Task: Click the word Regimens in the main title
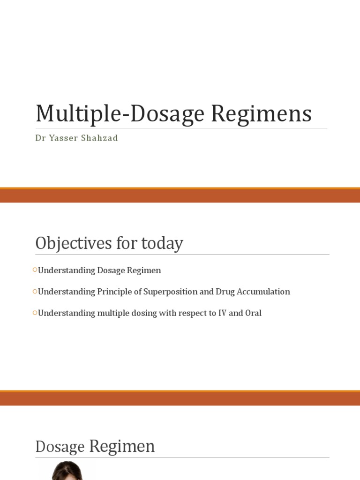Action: [x=262, y=114]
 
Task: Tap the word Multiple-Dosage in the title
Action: [x=120, y=114]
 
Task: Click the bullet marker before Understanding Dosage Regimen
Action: [x=35, y=270]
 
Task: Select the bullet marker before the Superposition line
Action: [x=35, y=291]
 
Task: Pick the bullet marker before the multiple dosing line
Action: [x=35, y=312]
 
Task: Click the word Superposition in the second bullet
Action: [x=171, y=292]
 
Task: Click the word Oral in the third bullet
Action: [x=253, y=313]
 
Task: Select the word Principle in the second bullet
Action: [x=113, y=292]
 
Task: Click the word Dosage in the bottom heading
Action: [x=60, y=447]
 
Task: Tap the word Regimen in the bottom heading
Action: [x=122, y=446]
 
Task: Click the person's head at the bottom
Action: [x=67, y=471]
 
